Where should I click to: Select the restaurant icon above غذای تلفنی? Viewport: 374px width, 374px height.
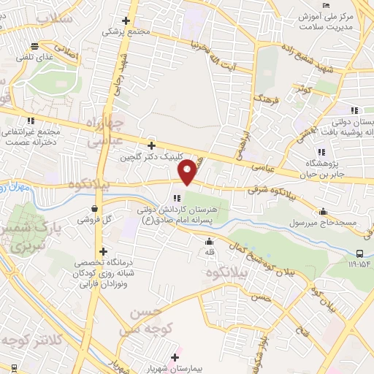tap(45, 46)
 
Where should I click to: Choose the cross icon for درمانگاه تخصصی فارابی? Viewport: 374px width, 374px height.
tap(104, 252)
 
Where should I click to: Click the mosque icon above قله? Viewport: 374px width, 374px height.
tap(210, 242)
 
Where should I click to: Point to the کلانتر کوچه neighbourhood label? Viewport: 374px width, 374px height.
tap(33, 340)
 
